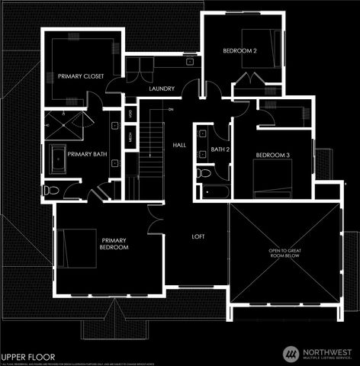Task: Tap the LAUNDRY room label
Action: pos(162,89)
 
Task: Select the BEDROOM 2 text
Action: pos(239,50)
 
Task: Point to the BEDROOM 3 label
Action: pos(272,156)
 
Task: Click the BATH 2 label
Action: pos(220,149)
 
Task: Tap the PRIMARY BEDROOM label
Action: pos(114,244)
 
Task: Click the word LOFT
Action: pos(198,236)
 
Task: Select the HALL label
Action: pos(179,145)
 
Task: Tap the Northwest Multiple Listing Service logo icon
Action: pos(291,354)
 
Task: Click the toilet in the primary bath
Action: pos(51,190)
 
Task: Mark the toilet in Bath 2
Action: pos(202,173)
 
